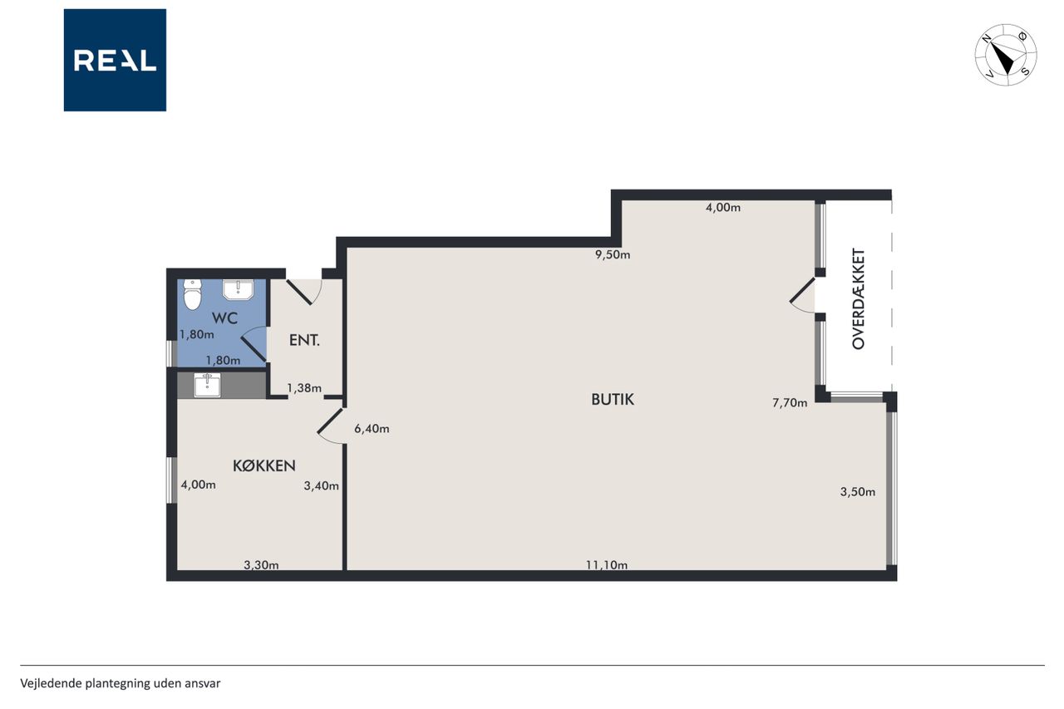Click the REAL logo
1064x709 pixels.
pos(115,60)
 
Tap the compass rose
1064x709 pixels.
pos(1006,55)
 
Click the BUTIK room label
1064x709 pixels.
pos(613,399)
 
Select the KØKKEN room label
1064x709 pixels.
pos(264,465)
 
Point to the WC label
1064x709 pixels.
pos(224,318)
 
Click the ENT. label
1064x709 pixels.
pos(304,340)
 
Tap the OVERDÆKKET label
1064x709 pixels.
pos(859,298)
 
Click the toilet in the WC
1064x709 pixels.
pos(192,294)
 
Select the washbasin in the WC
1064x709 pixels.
pos(238,289)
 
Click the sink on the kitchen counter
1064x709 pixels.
pos(207,385)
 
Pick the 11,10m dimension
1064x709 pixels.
pos(607,565)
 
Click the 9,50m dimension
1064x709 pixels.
pos(613,254)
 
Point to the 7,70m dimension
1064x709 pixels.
pos(790,402)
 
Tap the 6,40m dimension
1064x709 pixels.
pos(372,429)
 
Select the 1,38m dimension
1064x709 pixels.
pos(304,388)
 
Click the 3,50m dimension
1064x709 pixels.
pos(857,491)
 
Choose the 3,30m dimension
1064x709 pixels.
pos(261,565)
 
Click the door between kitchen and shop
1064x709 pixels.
pos(331,426)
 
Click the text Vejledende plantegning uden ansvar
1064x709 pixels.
pos(121,683)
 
